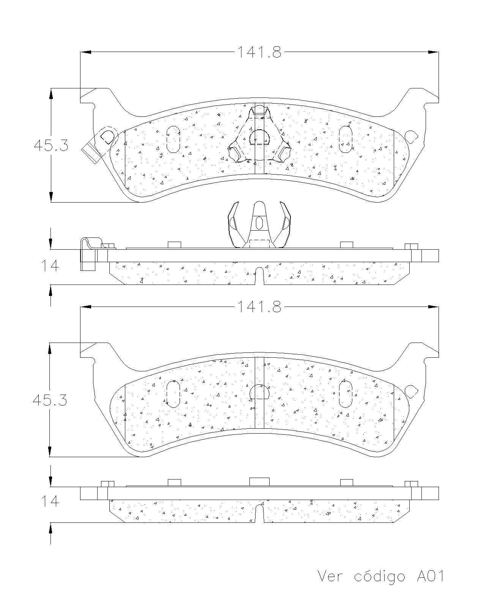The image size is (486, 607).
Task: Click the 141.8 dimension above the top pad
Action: pos(260,52)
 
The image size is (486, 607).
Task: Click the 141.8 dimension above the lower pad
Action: pos(260,307)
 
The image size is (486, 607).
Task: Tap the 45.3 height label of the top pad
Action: pos(51,146)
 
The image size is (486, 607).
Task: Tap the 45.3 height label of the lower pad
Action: pos(50,400)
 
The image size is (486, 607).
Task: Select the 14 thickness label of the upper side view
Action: pos(50,266)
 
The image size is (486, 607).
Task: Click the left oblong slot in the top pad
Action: pos(174,139)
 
